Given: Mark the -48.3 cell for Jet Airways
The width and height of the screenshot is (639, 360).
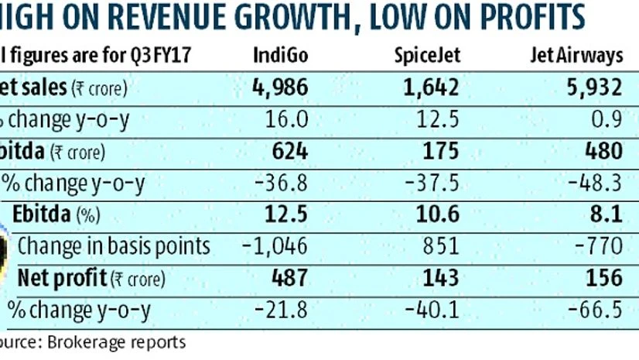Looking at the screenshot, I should (x=597, y=183).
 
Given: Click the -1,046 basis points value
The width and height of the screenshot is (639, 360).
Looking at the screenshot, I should (x=275, y=246).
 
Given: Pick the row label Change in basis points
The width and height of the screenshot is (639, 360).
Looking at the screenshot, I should (x=114, y=246).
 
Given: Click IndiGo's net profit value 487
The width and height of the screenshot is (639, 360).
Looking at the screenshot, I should (x=290, y=277).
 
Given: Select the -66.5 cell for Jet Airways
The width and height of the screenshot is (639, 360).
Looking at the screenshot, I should (x=597, y=309).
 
